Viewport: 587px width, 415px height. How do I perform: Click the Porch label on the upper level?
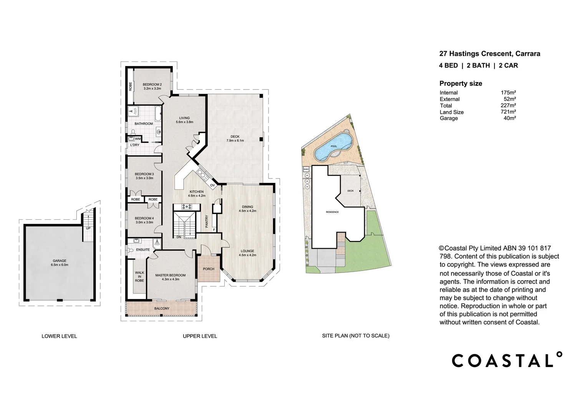pyautogui.click(x=209, y=269)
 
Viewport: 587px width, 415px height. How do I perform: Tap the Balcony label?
pyautogui.click(x=162, y=309)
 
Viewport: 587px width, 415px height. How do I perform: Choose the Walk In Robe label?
pyautogui.click(x=139, y=277)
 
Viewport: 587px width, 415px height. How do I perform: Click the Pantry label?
pyautogui.click(x=207, y=222)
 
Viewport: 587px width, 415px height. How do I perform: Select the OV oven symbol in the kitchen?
pyautogui.click(x=212, y=186)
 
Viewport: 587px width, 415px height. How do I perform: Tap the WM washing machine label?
pyautogui.click(x=138, y=139)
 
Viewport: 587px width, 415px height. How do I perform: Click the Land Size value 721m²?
pyautogui.click(x=508, y=112)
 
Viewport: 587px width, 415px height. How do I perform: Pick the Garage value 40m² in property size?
pyautogui.click(x=509, y=118)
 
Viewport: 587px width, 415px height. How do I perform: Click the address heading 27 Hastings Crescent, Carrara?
pyautogui.click(x=489, y=54)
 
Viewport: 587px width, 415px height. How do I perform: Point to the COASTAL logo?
pyautogui.click(x=507, y=360)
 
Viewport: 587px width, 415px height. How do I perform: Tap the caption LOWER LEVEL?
pyautogui.click(x=59, y=336)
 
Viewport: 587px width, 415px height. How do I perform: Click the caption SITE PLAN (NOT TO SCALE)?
pyautogui.click(x=355, y=336)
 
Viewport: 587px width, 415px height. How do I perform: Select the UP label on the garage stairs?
pyautogui.click(x=88, y=228)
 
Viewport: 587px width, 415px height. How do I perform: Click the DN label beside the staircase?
pyautogui.click(x=179, y=237)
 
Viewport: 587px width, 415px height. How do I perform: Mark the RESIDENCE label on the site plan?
pyautogui.click(x=332, y=212)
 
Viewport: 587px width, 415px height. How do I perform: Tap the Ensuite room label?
pyautogui.click(x=143, y=250)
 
